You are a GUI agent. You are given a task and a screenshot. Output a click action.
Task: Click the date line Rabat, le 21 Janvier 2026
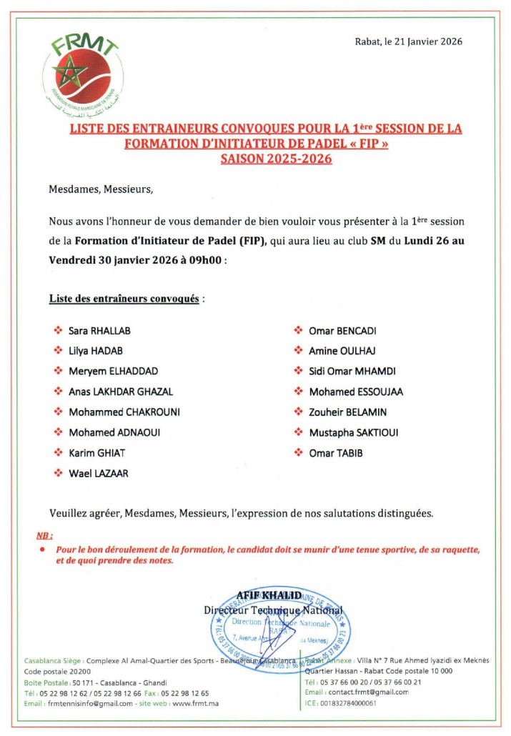(408, 41)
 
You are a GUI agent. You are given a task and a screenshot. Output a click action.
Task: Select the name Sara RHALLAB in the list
(99, 331)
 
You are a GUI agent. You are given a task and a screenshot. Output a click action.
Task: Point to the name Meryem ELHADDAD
(113, 372)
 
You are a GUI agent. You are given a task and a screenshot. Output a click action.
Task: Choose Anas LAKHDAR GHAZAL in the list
(120, 392)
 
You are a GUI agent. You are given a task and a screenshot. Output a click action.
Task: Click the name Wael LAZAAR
(99, 473)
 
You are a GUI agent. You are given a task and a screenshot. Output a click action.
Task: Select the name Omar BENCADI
(342, 331)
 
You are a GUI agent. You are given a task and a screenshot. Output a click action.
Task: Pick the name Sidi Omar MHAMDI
(352, 372)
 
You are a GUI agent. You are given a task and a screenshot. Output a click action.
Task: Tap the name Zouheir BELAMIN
(347, 412)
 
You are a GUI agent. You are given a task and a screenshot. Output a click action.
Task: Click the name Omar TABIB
(335, 453)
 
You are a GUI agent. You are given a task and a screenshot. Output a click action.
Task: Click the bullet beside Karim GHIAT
(58, 453)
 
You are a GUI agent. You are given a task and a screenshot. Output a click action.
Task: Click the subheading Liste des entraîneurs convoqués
(124, 298)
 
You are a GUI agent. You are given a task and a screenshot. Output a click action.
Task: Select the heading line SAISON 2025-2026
(277, 159)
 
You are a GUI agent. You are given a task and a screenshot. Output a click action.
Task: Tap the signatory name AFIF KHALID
(273, 595)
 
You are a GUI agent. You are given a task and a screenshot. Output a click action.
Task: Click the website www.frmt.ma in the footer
(190, 704)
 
